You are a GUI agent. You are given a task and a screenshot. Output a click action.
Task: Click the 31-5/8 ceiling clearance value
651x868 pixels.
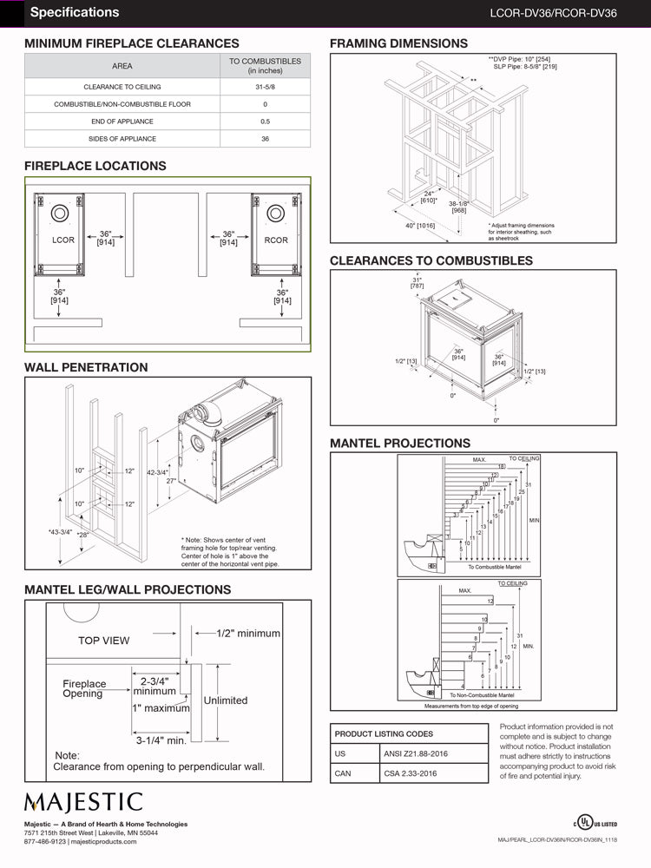265,87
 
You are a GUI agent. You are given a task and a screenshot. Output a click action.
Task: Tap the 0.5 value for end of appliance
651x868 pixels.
265,122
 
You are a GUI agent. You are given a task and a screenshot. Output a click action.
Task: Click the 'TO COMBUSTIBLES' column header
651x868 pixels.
265,65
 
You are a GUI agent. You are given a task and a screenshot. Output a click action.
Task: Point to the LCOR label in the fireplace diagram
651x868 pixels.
63,240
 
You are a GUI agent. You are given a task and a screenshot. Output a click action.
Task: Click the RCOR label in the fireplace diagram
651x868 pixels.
276,240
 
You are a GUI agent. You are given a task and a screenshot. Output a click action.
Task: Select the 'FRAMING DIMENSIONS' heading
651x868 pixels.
398,43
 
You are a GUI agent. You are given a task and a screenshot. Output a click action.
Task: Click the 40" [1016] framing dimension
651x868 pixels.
419,226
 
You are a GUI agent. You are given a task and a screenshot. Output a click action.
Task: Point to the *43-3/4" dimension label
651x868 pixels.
60,532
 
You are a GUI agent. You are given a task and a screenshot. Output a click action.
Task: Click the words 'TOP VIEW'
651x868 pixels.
103,641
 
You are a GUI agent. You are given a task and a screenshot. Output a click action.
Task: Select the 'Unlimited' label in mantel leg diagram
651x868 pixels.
225,700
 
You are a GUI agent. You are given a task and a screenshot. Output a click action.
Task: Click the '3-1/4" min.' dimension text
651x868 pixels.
161,740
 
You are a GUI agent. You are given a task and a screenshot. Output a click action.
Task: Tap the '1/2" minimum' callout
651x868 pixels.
248,634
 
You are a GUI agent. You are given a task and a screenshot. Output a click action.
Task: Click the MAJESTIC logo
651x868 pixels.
82,801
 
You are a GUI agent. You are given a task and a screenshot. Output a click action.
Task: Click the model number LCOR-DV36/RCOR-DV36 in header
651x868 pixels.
565,13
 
